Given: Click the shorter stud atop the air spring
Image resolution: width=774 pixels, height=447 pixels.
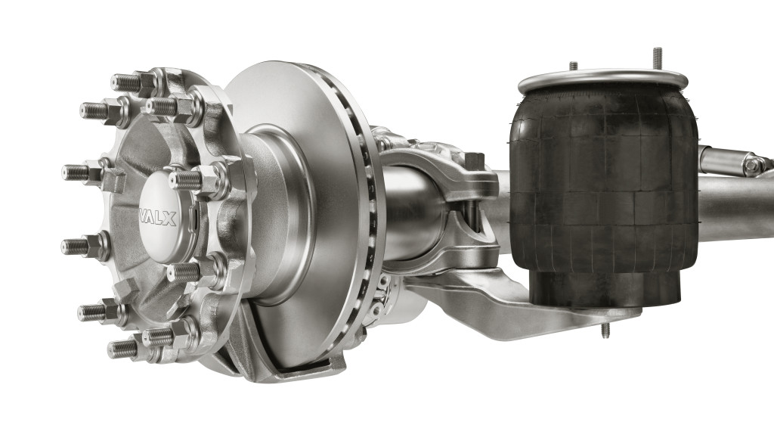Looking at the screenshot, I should pyautogui.click(x=573, y=66).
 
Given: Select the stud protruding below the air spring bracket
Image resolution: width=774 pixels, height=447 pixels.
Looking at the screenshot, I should pyautogui.click(x=605, y=330).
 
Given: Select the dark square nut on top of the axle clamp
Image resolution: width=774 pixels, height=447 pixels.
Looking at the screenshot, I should pyautogui.click(x=474, y=161).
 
